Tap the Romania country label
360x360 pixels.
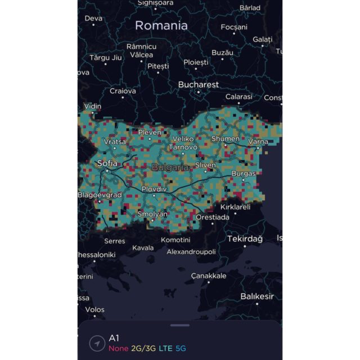click(x=161, y=25)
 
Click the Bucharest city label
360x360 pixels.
click(x=198, y=84)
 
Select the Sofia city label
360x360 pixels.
click(x=107, y=163)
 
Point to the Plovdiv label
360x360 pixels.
click(x=154, y=189)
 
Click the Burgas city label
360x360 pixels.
click(x=243, y=174)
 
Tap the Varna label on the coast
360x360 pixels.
click(x=258, y=142)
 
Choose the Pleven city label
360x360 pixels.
click(x=150, y=132)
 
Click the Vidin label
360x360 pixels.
click(x=93, y=106)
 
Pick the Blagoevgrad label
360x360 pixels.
click(x=100, y=195)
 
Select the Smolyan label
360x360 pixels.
click(x=152, y=214)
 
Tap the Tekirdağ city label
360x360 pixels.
click(x=245, y=238)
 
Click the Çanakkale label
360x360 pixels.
click(x=208, y=276)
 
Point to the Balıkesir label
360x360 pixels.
click(x=257, y=296)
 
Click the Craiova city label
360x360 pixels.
click(x=123, y=91)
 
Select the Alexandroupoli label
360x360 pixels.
click(x=191, y=251)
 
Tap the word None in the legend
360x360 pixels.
click(x=119, y=348)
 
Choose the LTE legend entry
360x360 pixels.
click(x=166, y=348)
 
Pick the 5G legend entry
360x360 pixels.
click(x=182, y=348)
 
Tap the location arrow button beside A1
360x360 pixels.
click(x=97, y=343)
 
